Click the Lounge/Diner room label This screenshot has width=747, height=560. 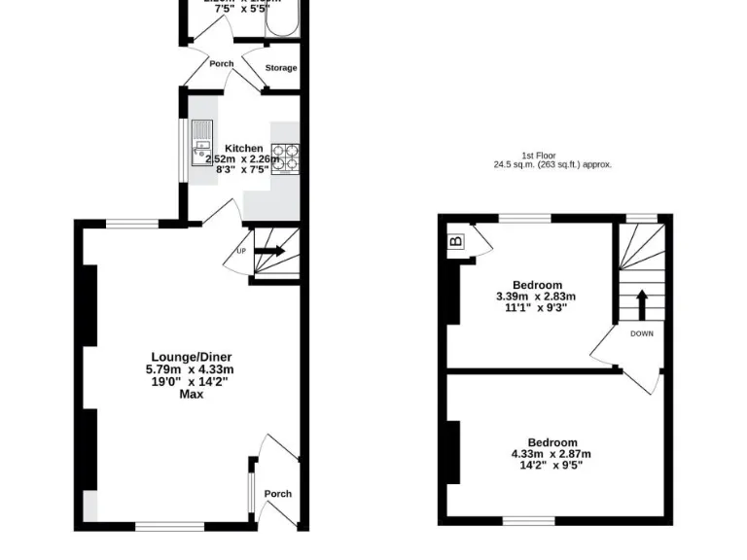click(x=192, y=356)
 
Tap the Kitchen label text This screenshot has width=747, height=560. click(x=243, y=148)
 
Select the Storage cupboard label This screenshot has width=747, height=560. click(x=281, y=68)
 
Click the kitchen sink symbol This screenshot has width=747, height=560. click(x=202, y=140)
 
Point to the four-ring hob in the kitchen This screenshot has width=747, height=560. click(x=285, y=157)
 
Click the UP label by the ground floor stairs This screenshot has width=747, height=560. click(x=241, y=251)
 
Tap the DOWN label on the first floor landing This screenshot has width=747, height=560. click(x=642, y=333)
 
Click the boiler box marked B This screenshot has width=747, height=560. click(x=455, y=240)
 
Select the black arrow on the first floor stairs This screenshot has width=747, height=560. click(x=641, y=302)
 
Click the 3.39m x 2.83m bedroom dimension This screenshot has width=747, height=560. click(x=536, y=297)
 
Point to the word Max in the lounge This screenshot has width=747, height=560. click(x=192, y=394)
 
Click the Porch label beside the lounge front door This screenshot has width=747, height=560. click(x=278, y=494)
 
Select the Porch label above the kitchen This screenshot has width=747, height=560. click(x=221, y=64)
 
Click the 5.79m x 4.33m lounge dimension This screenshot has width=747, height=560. click(x=192, y=368)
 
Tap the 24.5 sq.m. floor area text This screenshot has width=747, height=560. click(x=552, y=165)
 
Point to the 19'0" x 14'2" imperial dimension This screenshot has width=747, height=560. click(x=192, y=381)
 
